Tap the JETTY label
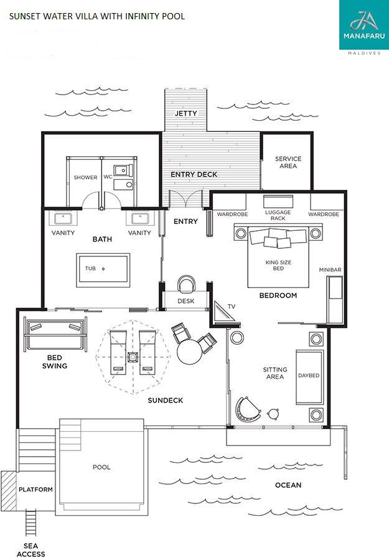pyautogui.click(x=185, y=113)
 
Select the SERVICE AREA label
pyautogui.click(x=288, y=162)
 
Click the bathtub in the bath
pyautogui.click(x=103, y=270)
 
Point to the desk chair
pyautogui.click(x=186, y=284)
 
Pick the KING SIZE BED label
pyautogui.click(x=278, y=265)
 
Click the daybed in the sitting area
pyautogui.click(x=309, y=377)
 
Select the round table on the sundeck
pyautogui.click(x=189, y=352)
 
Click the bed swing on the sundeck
pyautogui.click(x=55, y=334)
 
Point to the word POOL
pyautogui.click(x=101, y=467)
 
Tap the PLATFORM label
pyautogui.click(x=35, y=489)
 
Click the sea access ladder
pyautogui.click(x=31, y=523)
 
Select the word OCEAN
pyautogui.click(x=288, y=485)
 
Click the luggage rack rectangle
pyautogui.click(x=278, y=202)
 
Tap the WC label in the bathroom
pyautogui.click(x=108, y=177)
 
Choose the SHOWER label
pyautogui.click(x=85, y=177)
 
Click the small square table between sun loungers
pyautogui.click(x=133, y=357)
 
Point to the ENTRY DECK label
pyautogui.click(x=194, y=174)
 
